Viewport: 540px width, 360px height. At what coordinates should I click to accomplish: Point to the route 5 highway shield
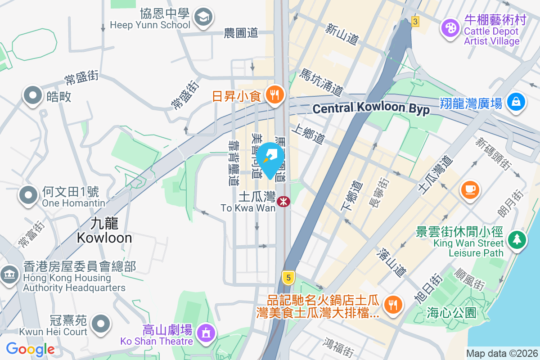tap(288, 277)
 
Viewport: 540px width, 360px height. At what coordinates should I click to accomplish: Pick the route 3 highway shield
tap(415, 21)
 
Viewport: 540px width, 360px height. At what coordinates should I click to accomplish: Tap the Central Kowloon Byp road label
tap(371, 108)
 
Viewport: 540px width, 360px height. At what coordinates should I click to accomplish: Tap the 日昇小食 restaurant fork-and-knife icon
tap(274, 94)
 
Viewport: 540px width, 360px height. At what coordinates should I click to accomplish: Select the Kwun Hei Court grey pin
tap(101, 323)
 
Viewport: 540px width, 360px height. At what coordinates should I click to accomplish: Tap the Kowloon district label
tap(104, 230)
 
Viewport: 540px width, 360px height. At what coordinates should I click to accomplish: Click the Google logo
tap(30, 349)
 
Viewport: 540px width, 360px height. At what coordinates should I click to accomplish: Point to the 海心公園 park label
tap(451, 313)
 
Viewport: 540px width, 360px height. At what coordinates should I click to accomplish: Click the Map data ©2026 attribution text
tap(501, 353)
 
